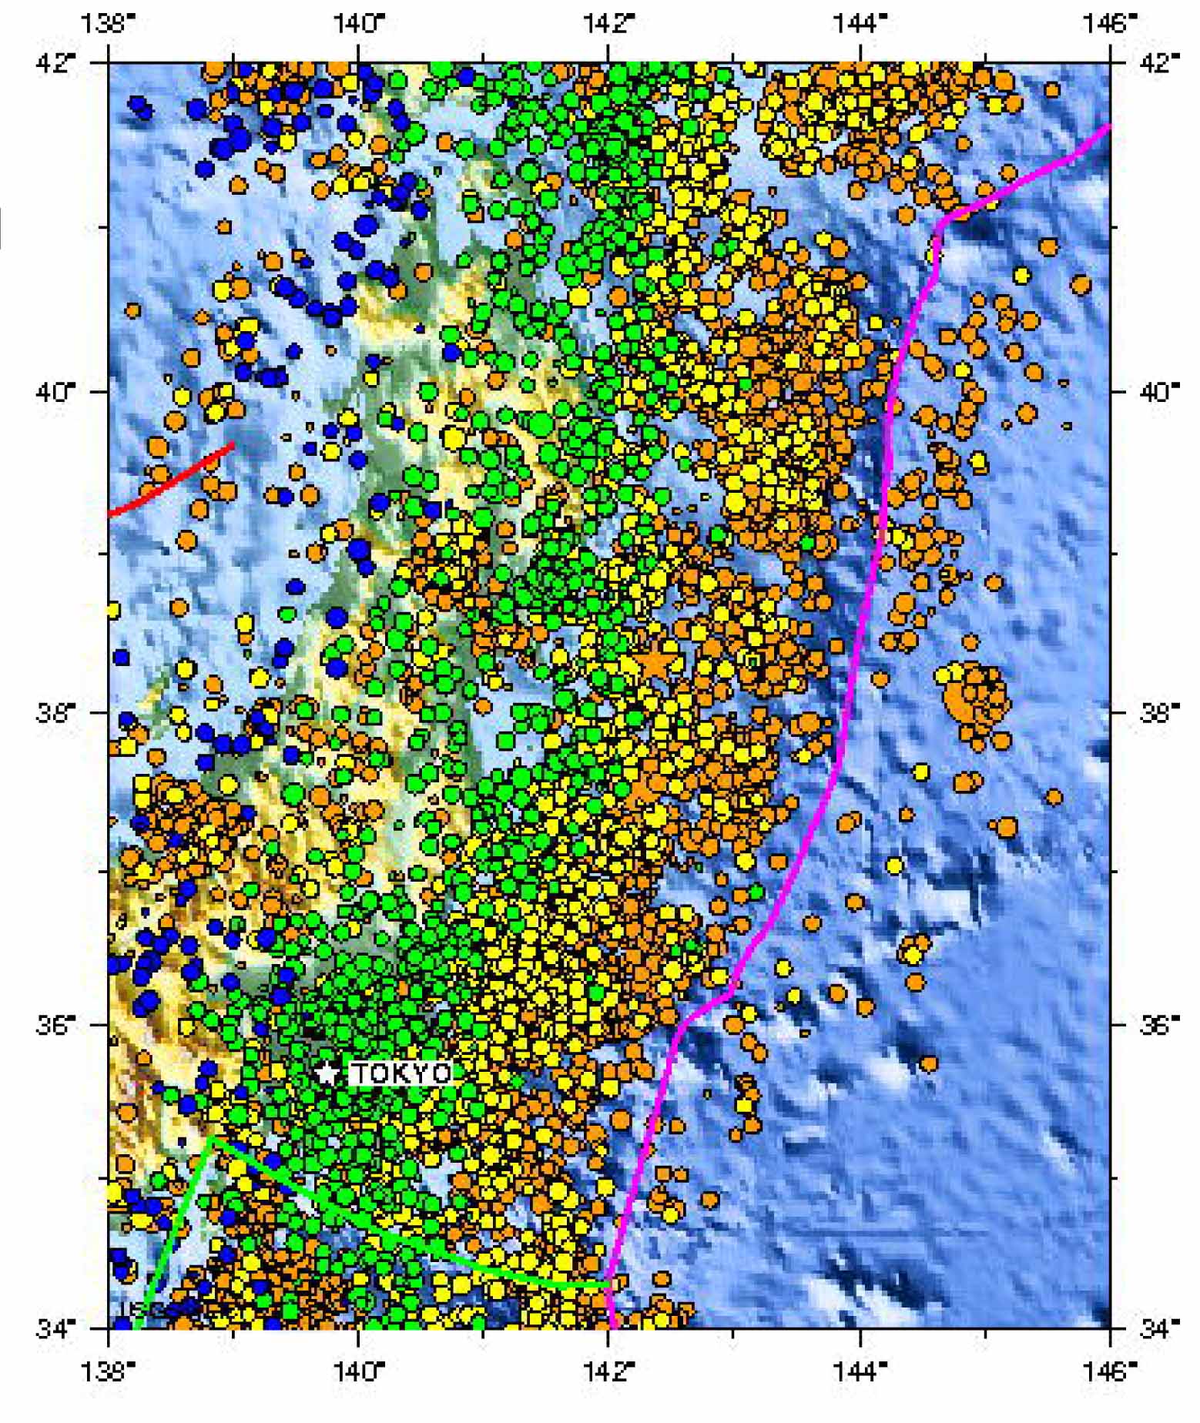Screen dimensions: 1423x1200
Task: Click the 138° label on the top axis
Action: pyautogui.click(x=111, y=24)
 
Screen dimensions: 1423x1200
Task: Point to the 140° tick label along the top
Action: pyautogui.click(x=360, y=24)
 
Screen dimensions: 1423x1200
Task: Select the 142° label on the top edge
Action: pyautogui.click(x=612, y=24)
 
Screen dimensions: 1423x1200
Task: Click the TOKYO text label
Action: pyautogui.click(x=401, y=1073)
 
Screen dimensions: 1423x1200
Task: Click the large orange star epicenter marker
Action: pyautogui.click(x=655, y=661)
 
